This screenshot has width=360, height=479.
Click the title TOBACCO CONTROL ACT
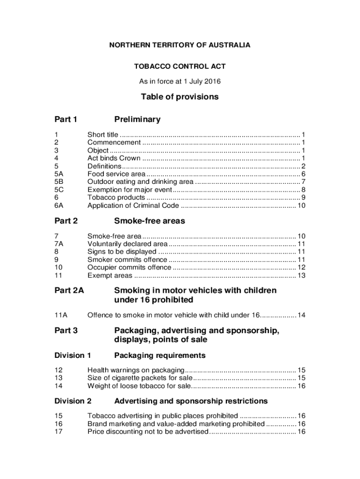pyautogui.click(x=180, y=66)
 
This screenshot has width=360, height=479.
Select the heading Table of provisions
pyautogui.click(x=180, y=97)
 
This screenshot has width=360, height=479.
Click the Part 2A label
pyautogui.click(x=69, y=290)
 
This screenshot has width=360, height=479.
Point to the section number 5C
pyautogui.click(x=59, y=189)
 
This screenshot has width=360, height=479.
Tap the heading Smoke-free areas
pyautogui.click(x=150, y=221)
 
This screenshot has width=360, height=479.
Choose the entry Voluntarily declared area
pyautogui.click(x=127, y=244)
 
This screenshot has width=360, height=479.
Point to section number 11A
pyautogui.click(x=61, y=315)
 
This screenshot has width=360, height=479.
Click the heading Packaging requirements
pyautogui.click(x=160, y=356)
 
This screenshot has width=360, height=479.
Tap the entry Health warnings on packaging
pyautogui.click(x=136, y=370)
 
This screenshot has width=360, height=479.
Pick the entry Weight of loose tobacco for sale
pyautogui.click(x=139, y=386)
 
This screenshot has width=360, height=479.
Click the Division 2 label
pyautogui.click(x=73, y=401)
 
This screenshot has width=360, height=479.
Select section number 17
pyautogui.click(x=58, y=432)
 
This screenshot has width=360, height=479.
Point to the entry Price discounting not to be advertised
pyautogui.click(x=147, y=432)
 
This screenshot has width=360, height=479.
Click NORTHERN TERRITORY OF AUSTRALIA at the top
pyautogui.click(x=180, y=45)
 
